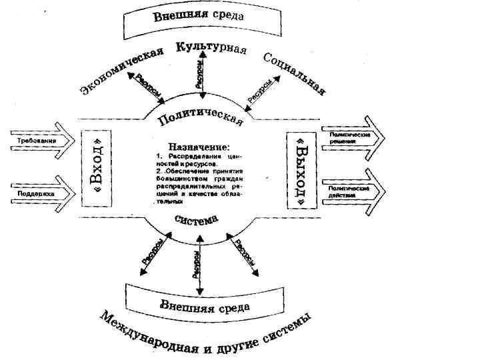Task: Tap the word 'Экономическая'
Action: (x=122, y=72)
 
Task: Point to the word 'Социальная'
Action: (x=294, y=72)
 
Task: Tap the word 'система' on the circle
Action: (x=199, y=224)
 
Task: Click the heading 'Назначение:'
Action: (x=199, y=146)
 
